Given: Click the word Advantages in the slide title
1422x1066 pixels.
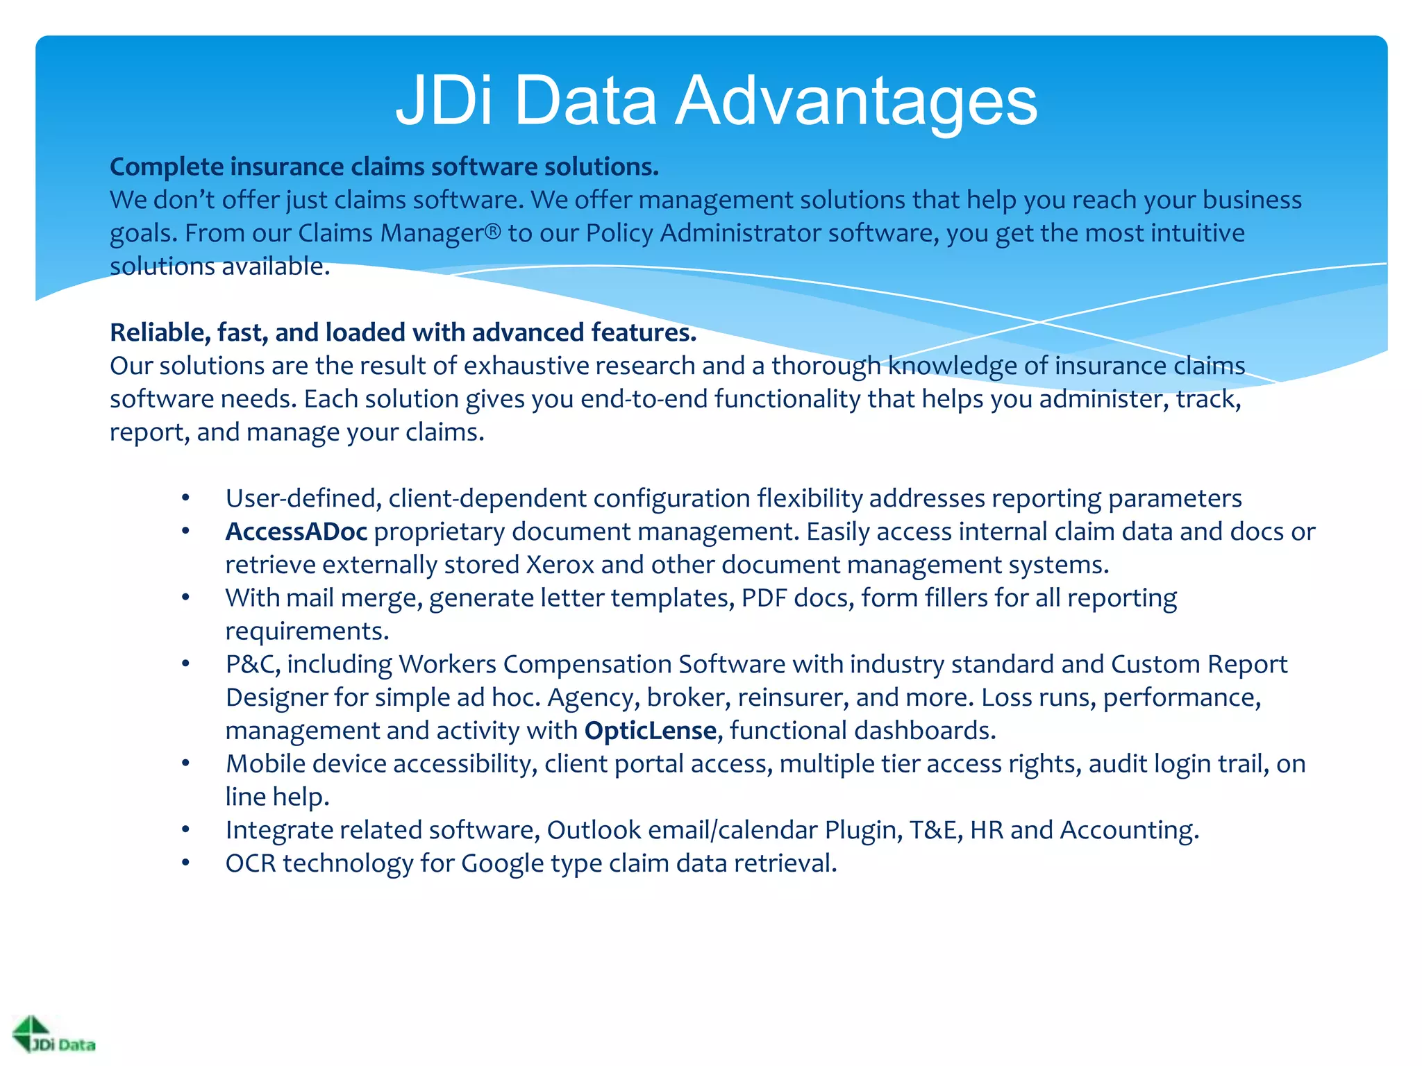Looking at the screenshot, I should click(855, 101).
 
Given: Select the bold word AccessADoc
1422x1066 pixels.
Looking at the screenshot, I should click(296, 532).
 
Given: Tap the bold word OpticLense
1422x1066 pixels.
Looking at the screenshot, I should click(650, 731).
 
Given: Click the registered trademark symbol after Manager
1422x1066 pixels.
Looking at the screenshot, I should click(492, 232).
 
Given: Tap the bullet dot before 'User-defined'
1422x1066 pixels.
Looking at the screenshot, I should click(185, 498).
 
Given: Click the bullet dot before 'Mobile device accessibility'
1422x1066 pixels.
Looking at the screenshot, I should click(185, 764).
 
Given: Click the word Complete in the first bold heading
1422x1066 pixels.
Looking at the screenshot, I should click(167, 167).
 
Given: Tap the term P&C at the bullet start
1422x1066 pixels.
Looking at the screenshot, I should click(253, 665).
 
